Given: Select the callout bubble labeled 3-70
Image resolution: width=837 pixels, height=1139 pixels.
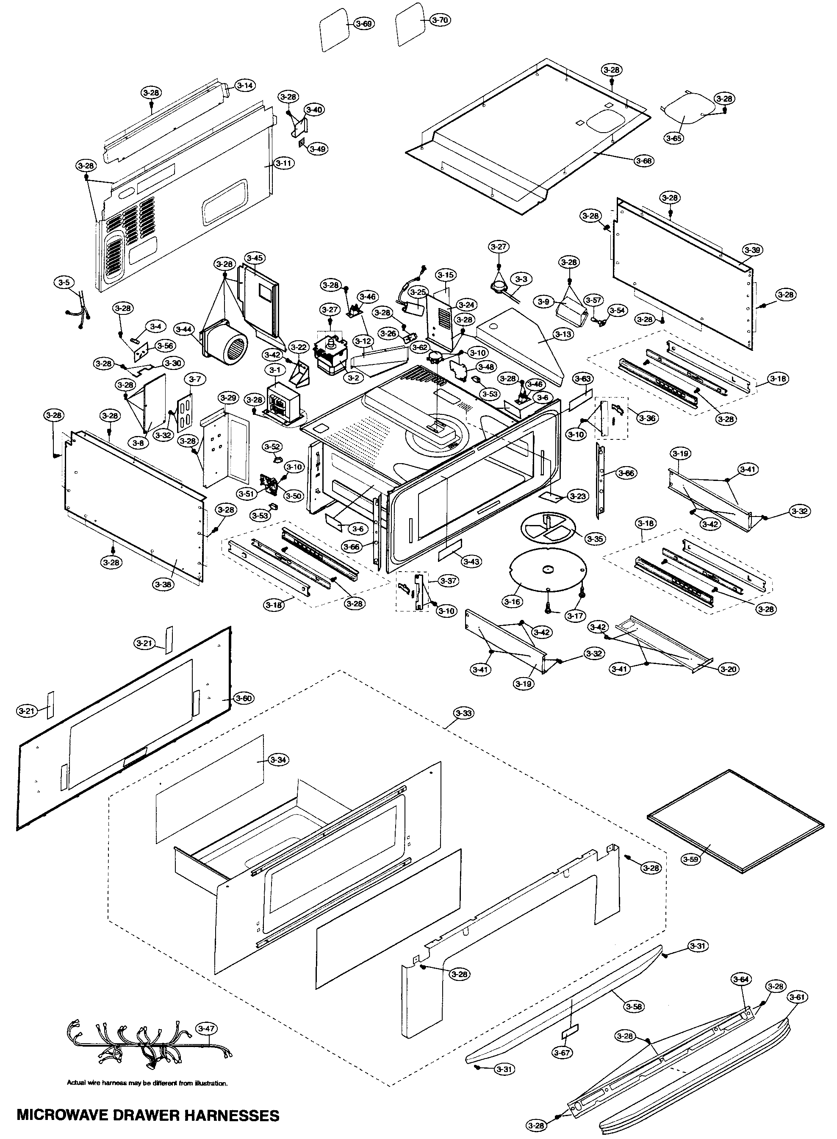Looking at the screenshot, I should click(440, 20).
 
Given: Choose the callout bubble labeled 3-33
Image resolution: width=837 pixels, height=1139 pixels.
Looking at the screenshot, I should click(463, 713).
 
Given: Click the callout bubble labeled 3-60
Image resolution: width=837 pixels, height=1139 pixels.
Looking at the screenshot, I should click(243, 698).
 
